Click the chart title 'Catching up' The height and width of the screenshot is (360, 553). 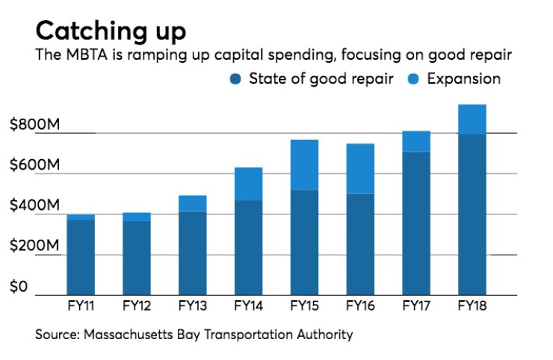coord(111,31)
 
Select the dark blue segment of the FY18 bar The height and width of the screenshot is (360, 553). coord(472,215)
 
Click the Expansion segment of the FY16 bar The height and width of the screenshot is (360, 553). coord(359,168)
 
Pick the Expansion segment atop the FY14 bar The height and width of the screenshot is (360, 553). coord(248,184)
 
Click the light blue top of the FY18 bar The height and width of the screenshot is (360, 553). coord(472,119)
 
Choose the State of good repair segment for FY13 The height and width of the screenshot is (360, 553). coord(192,254)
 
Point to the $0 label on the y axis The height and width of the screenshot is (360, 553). coord(19,287)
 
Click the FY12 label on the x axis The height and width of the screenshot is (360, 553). coord(136,306)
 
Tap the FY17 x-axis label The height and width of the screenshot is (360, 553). coord(415,306)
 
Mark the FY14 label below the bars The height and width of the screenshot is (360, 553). coord(248,306)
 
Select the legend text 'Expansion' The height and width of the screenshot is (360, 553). coord(463,78)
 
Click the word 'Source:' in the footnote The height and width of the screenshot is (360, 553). coord(58,334)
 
